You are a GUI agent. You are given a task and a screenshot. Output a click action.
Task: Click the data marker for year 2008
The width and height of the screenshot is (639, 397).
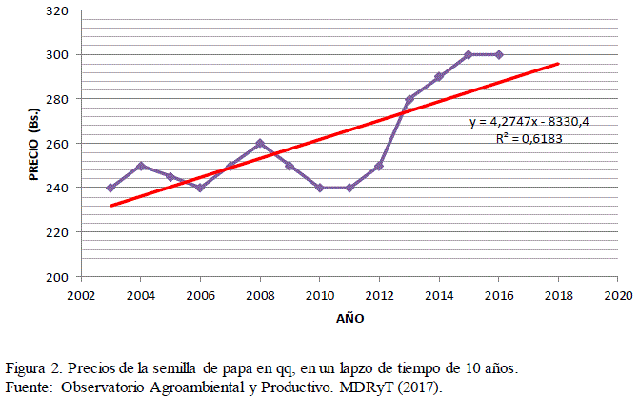click(260, 144)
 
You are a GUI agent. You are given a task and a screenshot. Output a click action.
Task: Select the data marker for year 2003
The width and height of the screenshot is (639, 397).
click(110, 188)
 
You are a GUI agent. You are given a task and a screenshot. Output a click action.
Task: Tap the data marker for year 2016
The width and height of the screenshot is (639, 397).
click(499, 55)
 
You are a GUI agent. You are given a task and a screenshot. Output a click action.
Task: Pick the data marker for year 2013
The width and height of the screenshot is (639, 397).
click(409, 100)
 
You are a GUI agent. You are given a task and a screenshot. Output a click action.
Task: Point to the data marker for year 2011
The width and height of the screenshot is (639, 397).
click(349, 188)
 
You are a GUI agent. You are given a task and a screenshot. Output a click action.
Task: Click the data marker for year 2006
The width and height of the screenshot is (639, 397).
click(200, 188)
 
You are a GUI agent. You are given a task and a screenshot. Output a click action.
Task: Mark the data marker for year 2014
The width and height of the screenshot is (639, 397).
click(439, 77)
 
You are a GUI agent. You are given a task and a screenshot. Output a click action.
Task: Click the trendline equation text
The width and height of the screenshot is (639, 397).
click(522, 122)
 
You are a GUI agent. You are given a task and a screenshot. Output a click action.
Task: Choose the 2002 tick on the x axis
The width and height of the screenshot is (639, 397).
click(81, 295)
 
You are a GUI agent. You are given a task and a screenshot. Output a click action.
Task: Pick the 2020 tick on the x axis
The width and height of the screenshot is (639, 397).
click(618, 295)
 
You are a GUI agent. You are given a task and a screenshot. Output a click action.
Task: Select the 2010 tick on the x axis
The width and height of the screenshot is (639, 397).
click(320, 295)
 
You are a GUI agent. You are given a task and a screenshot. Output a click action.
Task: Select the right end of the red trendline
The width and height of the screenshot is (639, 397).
click(558, 64)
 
